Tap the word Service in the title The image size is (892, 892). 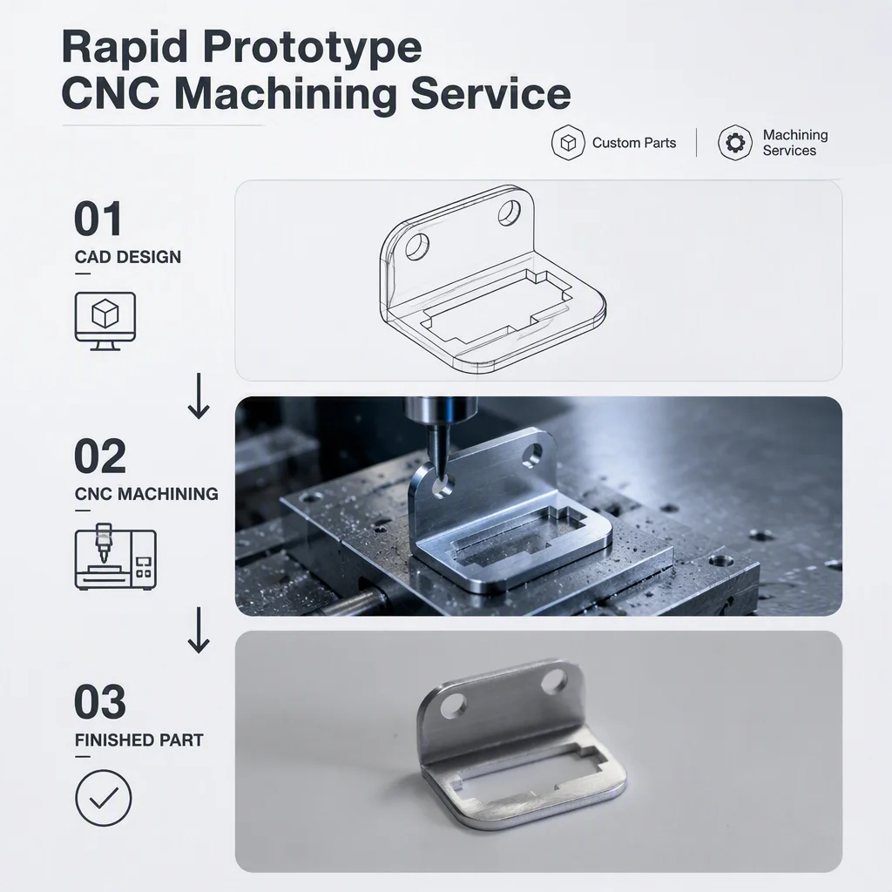click(x=490, y=94)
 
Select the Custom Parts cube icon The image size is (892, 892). click(x=568, y=142)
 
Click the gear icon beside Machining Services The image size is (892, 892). click(x=735, y=142)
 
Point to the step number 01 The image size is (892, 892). click(x=98, y=219)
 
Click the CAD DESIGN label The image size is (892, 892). click(x=128, y=257)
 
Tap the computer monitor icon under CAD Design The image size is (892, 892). click(x=105, y=321)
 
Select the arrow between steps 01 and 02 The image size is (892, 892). click(x=199, y=396)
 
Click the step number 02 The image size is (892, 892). click(x=99, y=456)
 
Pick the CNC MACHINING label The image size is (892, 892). click(x=146, y=494)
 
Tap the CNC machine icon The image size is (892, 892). click(x=116, y=557)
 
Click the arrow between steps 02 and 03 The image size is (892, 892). click(x=199, y=630)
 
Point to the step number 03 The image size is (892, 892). click(x=99, y=702)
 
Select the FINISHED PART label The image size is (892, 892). click(x=139, y=740)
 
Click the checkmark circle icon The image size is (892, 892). click(x=104, y=798)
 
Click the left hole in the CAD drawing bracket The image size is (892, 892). click(x=417, y=247)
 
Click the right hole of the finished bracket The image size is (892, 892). click(x=553, y=681)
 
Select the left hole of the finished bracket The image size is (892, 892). click(x=453, y=706)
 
